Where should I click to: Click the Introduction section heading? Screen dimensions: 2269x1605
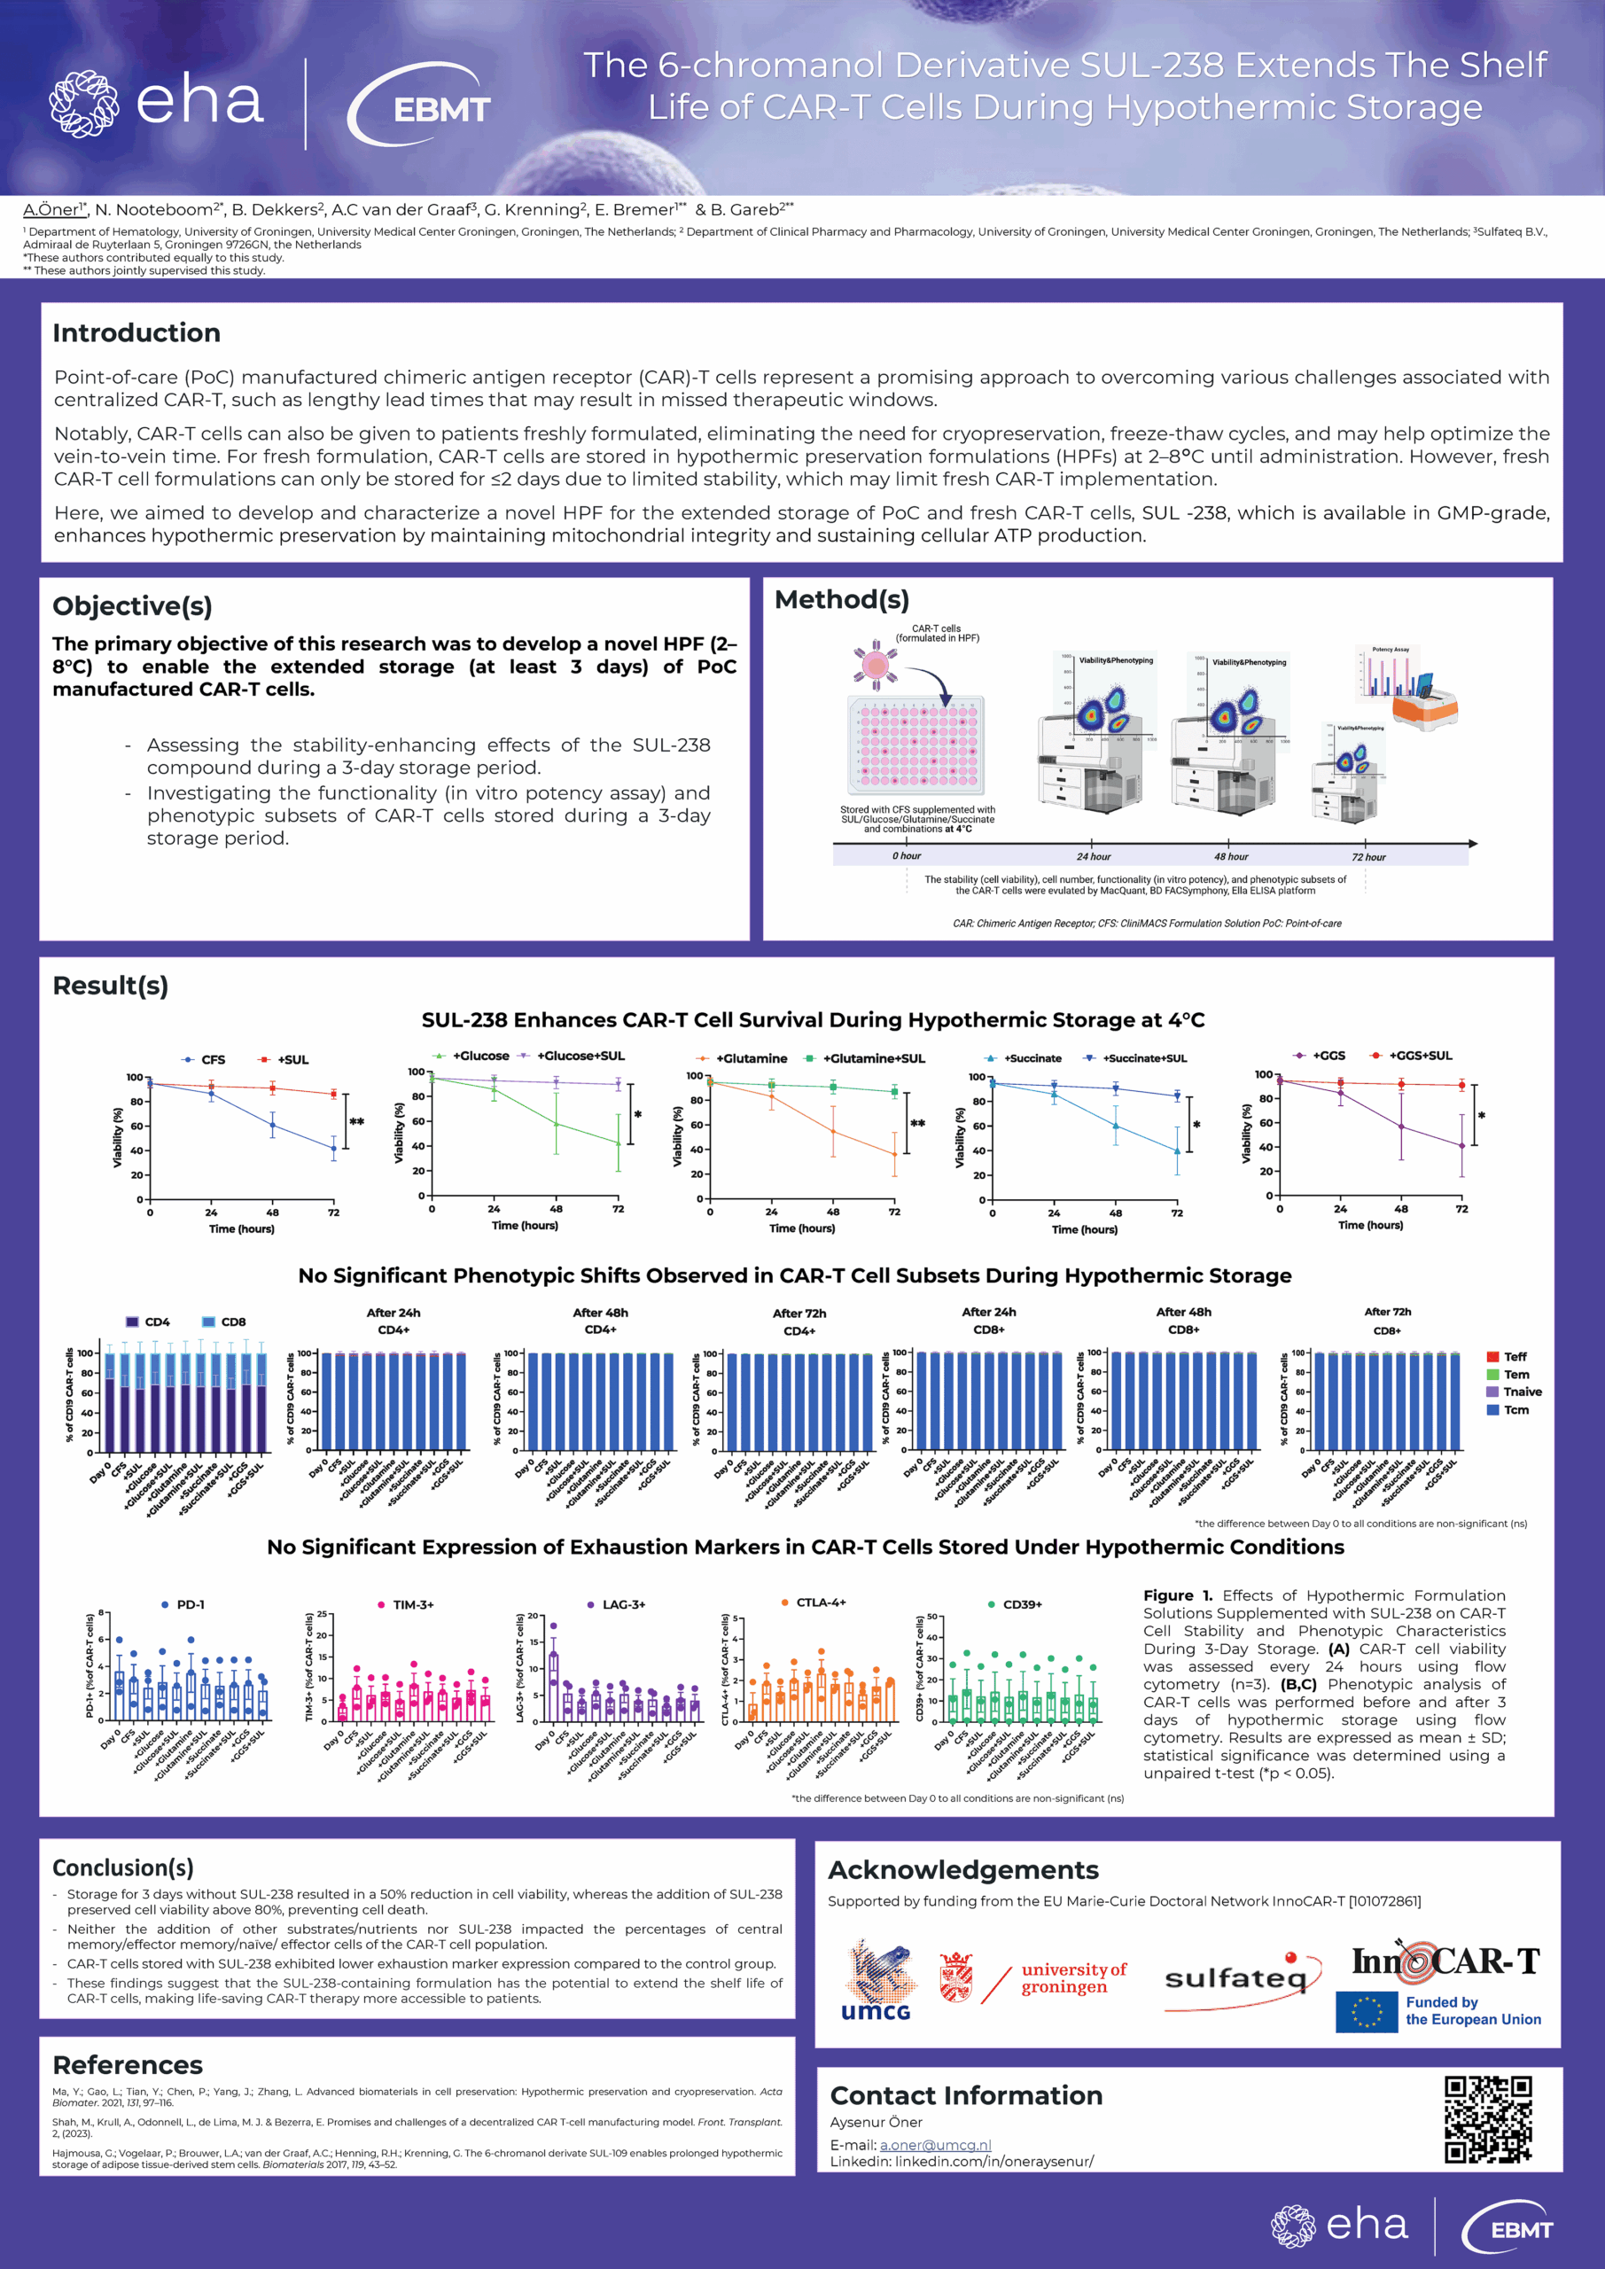pyautogui.click(x=136, y=333)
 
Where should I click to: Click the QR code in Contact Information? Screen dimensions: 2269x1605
pyautogui.click(x=1487, y=2119)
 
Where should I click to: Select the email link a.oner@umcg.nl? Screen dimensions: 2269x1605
pyautogui.click(x=935, y=2145)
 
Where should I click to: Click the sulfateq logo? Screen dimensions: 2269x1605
pyautogui.click(x=1236, y=1978)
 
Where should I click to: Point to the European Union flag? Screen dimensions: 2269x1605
pyautogui.click(x=1366, y=2011)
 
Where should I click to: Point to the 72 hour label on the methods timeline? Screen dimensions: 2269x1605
pyautogui.click(x=1368, y=857)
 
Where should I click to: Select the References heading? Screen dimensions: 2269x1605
pyautogui.click(x=128, y=2064)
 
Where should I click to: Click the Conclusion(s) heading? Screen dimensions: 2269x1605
pyautogui.click(x=122, y=1867)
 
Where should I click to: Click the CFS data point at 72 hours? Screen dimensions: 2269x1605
pyautogui.click(x=334, y=1149)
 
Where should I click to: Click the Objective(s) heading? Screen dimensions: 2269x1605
pyautogui.click(x=131, y=605)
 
